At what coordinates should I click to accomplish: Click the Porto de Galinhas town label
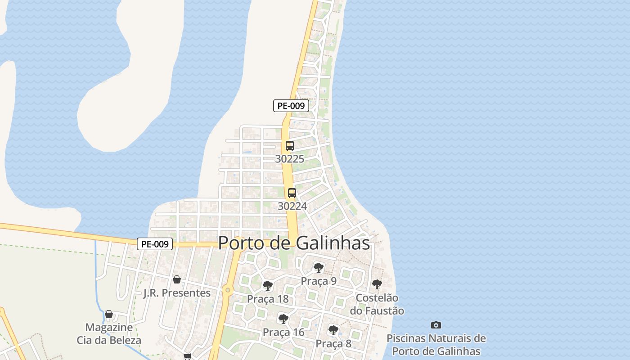coord(294,243)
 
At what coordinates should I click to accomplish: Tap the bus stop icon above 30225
coord(290,146)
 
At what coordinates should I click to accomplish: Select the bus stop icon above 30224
coord(292,193)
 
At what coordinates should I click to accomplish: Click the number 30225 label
coord(290,159)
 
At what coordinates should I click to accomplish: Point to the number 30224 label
coord(292,206)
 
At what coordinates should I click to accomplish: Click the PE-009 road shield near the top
coord(291,106)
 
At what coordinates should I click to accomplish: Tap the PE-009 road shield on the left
coord(155,244)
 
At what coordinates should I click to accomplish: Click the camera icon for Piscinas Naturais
coord(436,325)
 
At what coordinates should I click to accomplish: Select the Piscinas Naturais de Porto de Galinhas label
coord(436,345)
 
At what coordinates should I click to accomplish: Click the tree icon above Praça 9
coord(319,268)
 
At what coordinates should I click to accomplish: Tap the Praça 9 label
coord(319,281)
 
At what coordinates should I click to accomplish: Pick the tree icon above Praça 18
coord(268,286)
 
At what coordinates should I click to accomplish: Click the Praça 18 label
coord(268,299)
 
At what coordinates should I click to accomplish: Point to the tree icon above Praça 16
coord(283,319)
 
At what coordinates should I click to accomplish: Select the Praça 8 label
coord(333,344)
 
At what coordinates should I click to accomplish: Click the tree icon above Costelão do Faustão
coord(377,284)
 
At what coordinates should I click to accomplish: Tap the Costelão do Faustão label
coord(377,304)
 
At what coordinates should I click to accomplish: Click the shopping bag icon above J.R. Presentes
coord(177,279)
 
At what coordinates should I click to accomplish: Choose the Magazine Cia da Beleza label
coord(109,334)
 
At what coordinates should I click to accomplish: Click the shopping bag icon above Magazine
coord(109,314)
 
